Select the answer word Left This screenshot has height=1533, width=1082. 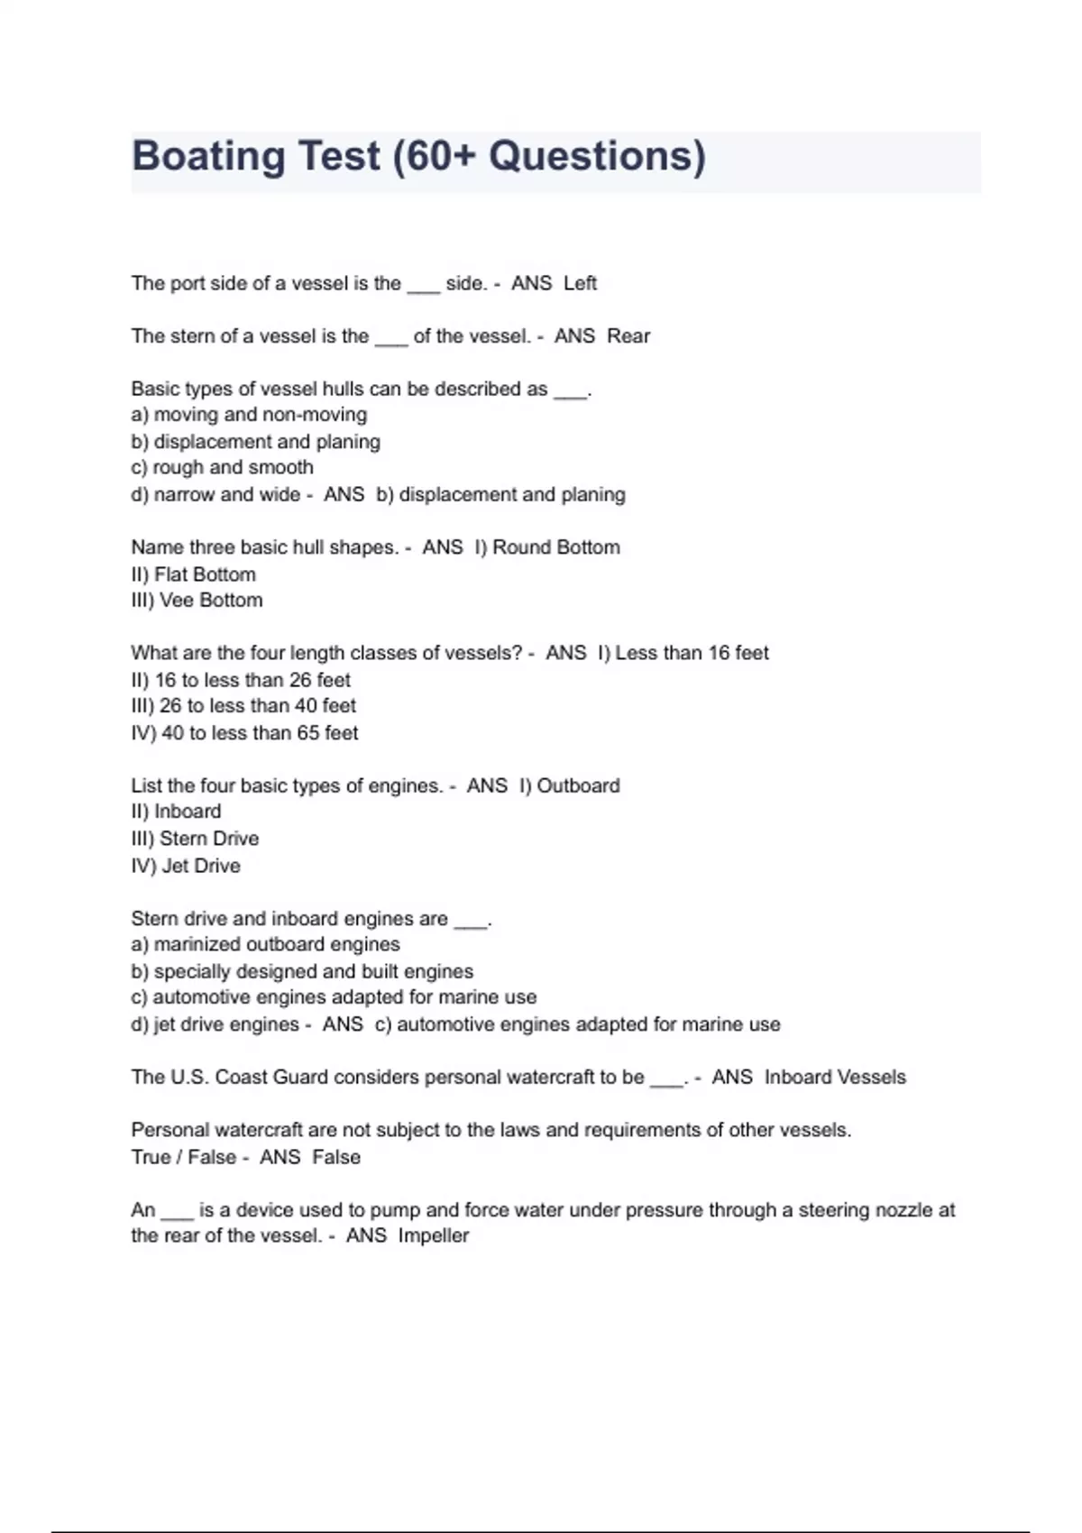(580, 283)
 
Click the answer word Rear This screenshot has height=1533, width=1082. (628, 336)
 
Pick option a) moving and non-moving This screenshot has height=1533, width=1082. (249, 415)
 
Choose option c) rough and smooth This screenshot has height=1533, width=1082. (223, 467)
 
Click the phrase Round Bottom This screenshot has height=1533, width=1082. (555, 547)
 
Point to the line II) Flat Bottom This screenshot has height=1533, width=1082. (194, 574)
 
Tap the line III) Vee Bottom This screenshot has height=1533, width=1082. (197, 601)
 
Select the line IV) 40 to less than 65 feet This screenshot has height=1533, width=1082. (244, 733)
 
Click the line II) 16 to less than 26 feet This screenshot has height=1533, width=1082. (241, 680)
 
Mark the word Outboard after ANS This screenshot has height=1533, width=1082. (578, 785)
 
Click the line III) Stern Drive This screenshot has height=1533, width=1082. (195, 839)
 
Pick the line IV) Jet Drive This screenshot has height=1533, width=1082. (186, 866)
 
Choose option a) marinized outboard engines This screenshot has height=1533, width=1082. (265, 944)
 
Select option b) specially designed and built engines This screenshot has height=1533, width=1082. (302, 971)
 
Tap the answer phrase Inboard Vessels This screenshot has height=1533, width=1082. (835, 1077)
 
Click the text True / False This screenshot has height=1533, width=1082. (185, 1157)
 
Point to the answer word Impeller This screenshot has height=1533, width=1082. (434, 1235)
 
